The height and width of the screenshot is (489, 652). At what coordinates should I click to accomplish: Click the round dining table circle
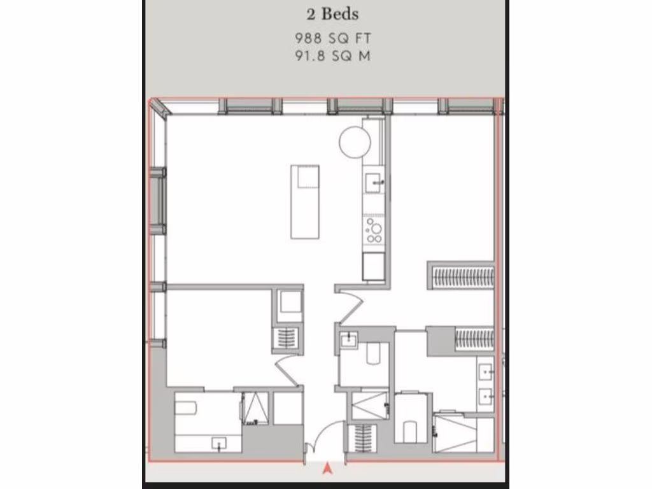[355, 142]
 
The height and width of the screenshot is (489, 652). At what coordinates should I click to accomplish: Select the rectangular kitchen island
[305, 202]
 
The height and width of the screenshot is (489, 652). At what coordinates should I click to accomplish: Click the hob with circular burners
[373, 230]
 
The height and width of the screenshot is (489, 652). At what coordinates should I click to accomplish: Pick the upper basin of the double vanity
[486, 370]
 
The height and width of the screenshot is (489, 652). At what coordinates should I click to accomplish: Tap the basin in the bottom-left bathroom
[220, 443]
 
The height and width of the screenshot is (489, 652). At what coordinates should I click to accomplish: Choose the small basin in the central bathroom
[348, 341]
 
